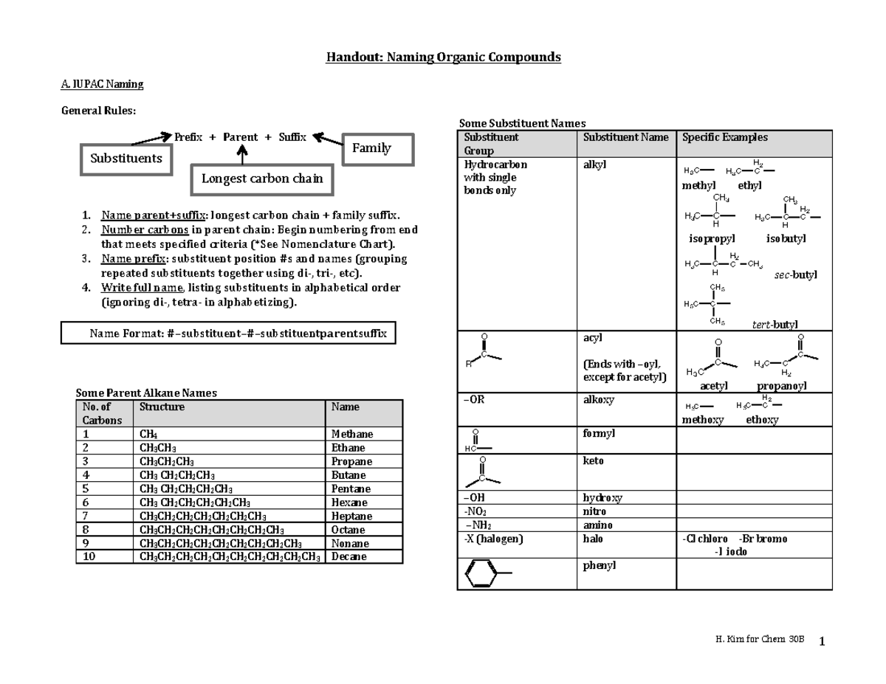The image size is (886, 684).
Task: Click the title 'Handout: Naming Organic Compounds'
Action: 444,57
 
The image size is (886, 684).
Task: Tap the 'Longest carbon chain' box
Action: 261,179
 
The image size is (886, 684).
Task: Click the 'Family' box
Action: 371,148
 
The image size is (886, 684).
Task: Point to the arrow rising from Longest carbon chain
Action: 242,155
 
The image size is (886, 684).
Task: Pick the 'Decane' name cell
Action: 348,557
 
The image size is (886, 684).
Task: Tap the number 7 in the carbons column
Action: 86,517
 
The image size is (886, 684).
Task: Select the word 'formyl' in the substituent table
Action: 600,433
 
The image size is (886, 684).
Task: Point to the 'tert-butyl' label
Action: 774,325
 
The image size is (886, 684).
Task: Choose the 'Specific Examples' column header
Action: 724,137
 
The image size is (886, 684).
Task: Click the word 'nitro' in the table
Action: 594,511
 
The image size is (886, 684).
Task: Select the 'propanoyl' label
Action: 781,386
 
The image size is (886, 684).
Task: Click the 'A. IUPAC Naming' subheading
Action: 102,84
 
